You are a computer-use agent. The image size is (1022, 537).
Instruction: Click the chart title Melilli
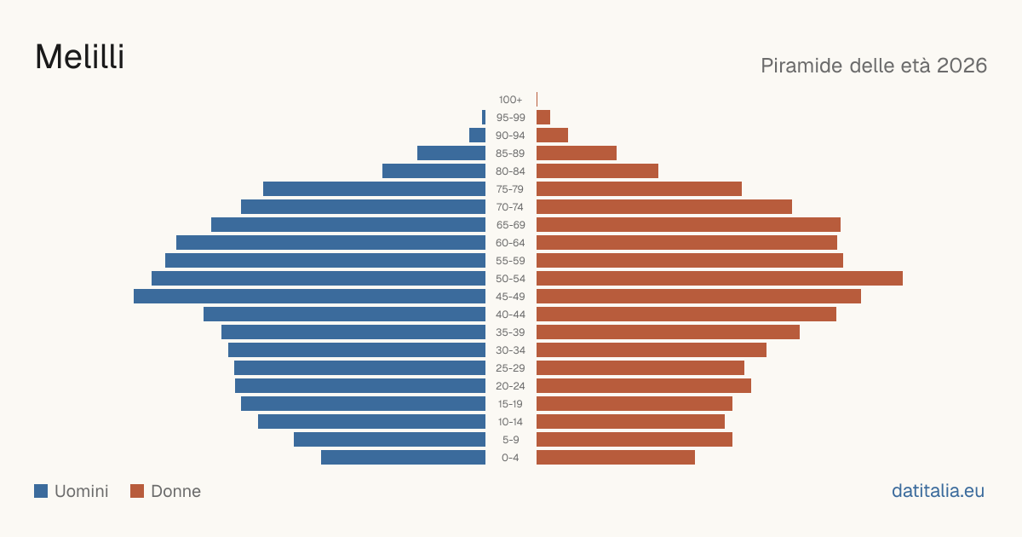[x=79, y=57]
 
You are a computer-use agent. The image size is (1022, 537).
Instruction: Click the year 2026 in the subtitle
[x=962, y=66]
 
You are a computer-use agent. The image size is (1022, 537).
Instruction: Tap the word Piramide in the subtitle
[x=801, y=66]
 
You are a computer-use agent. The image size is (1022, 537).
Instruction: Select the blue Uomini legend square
[x=41, y=491]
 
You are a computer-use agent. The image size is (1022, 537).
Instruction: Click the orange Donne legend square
[x=137, y=491]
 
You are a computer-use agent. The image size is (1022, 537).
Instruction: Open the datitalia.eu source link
[x=938, y=491]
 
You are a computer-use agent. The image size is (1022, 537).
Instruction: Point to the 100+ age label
[x=510, y=100]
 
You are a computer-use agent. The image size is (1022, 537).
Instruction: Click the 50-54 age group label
[x=510, y=279]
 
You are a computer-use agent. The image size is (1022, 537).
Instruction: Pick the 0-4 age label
[x=510, y=458]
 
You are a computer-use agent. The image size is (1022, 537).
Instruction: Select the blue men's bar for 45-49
[x=309, y=297]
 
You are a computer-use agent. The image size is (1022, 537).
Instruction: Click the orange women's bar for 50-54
[x=720, y=279]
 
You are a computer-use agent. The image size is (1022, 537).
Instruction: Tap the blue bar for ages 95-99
[x=484, y=118]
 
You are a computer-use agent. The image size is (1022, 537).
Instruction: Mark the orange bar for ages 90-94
[x=552, y=136]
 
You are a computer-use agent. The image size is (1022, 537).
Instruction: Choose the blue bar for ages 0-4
[x=404, y=458]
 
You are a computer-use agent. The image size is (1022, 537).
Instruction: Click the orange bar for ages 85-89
[x=577, y=153]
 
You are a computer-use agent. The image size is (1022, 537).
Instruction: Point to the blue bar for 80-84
[x=433, y=171]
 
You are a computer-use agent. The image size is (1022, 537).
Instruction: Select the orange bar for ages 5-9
[x=634, y=440]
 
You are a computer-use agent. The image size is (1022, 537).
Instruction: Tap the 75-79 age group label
[x=510, y=189]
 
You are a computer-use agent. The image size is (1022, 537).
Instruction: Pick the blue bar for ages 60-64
[x=330, y=242]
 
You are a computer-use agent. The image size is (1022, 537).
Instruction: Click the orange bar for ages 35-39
[x=668, y=332]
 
